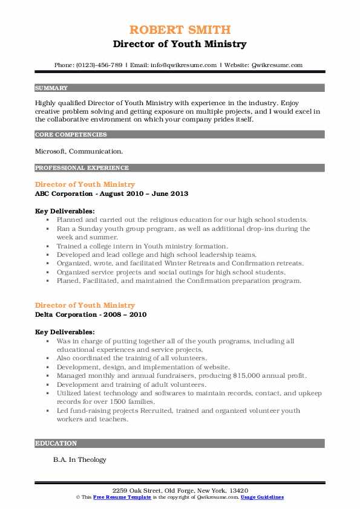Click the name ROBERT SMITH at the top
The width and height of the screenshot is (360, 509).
[180, 30]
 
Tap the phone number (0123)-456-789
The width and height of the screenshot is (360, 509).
[97, 65]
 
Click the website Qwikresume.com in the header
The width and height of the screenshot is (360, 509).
[278, 65]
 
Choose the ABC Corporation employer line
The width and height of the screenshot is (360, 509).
[111, 193]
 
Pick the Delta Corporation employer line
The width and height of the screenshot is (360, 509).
[91, 314]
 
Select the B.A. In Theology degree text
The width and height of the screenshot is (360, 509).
[79, 459]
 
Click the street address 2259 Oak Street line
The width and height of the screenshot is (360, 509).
[180, 490]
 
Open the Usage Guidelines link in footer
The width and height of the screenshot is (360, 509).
[261, 496]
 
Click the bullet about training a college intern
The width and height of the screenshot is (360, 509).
[142, 246]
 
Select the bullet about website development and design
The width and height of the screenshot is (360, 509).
[142, 367]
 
